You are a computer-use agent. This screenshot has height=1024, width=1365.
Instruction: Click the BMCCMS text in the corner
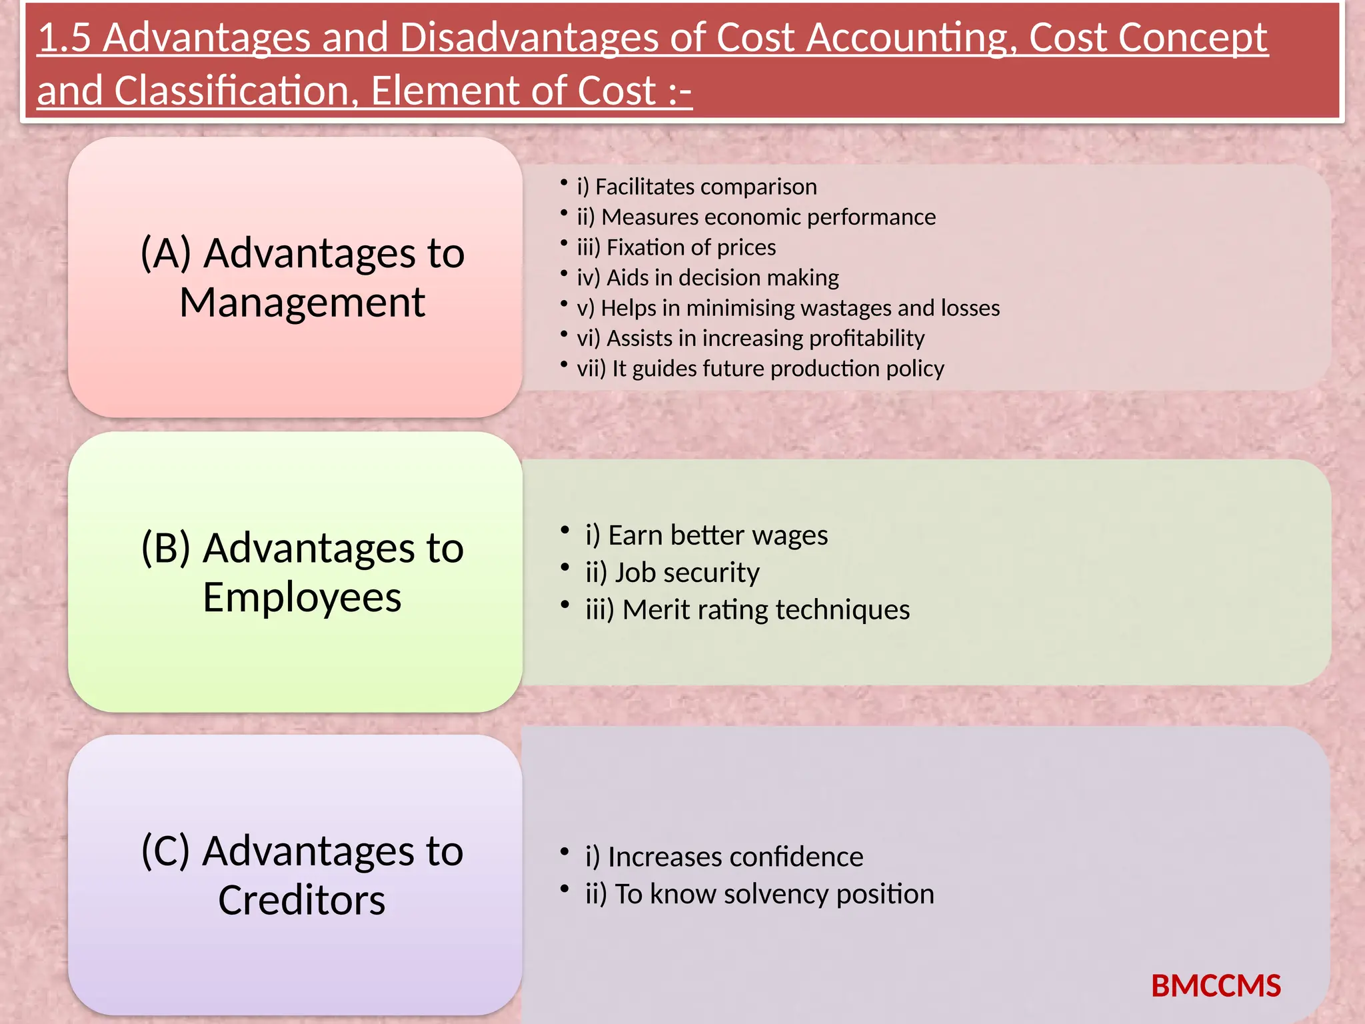(x=1216, y=986)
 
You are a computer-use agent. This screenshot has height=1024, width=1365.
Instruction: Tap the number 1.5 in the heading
(x=64, y=38)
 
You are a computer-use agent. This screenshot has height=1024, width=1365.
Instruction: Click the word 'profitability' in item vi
(x=866, y=339)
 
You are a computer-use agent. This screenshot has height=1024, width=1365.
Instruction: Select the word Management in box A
(x=302, y=303)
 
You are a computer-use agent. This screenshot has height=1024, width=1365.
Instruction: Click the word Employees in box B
(x=302, y=597)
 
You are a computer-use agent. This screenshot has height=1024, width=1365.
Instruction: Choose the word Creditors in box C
(x=302, y=901)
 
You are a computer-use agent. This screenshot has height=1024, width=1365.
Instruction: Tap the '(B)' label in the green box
(x=166, y=548)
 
